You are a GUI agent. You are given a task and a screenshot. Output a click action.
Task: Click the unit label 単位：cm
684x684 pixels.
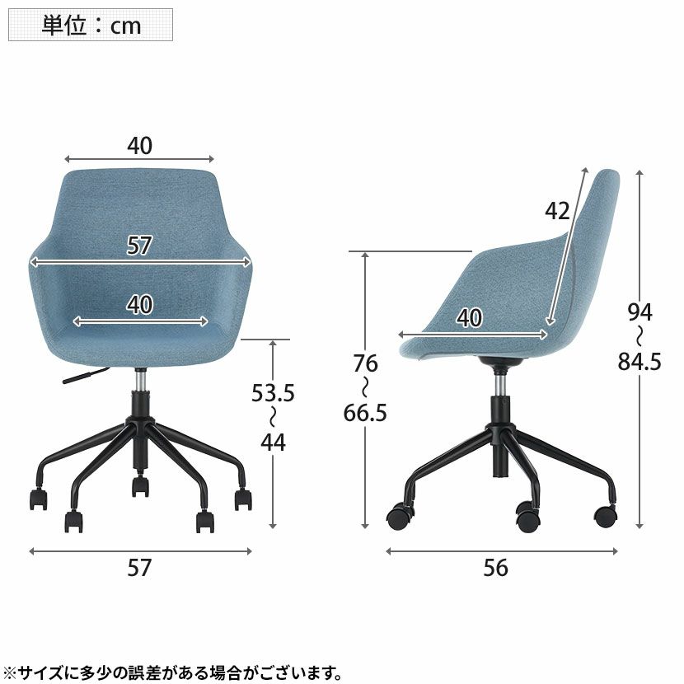pos(91,25)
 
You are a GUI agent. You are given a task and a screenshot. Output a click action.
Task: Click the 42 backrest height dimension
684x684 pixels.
pos(557,211)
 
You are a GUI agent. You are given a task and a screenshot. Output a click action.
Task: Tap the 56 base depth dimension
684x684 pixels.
pos(496,568)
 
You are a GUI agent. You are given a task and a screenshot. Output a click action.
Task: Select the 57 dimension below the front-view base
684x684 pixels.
pos(140,568)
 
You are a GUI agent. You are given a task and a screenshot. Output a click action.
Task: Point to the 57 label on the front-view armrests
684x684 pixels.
pos(140,245)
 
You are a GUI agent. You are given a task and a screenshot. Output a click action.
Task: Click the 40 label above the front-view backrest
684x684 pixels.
pos(140,145)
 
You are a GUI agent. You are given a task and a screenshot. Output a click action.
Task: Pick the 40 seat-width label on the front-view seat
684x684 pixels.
pos(140,305)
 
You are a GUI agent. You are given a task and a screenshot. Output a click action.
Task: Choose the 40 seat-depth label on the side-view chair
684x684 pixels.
pos(469,318)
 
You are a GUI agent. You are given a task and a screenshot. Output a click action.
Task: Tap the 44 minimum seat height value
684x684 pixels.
pos(272,443)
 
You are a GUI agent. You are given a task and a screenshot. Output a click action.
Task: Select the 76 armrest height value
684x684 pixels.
pos(364,363)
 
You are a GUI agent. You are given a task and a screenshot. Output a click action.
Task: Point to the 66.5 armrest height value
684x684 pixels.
pos(364,412)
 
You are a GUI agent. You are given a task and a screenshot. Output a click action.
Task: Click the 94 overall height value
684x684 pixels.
pos(639,312)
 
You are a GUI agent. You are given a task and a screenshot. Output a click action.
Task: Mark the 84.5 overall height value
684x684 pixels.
pos(639,361)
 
